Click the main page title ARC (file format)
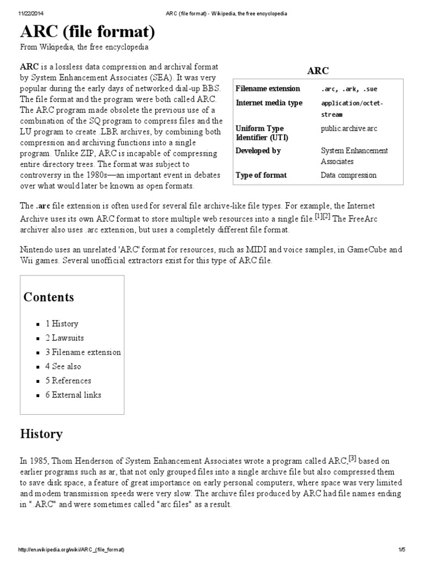(88, 32)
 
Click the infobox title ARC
(318, 70)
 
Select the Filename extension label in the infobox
(268, 89)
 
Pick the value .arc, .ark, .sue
(349, 89)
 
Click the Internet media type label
(269, 103)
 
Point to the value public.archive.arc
(349, 128)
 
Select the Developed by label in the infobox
(258, 150)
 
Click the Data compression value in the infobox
(349, 175)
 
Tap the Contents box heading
(48, 297)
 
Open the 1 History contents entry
(62, 324)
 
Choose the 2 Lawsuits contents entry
(64, 338)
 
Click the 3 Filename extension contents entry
(83, 352)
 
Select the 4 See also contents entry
(63, 366)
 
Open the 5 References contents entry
(68, 381)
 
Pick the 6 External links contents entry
(73, 394)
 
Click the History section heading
(41, 434)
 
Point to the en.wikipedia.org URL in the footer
(72, 550)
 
